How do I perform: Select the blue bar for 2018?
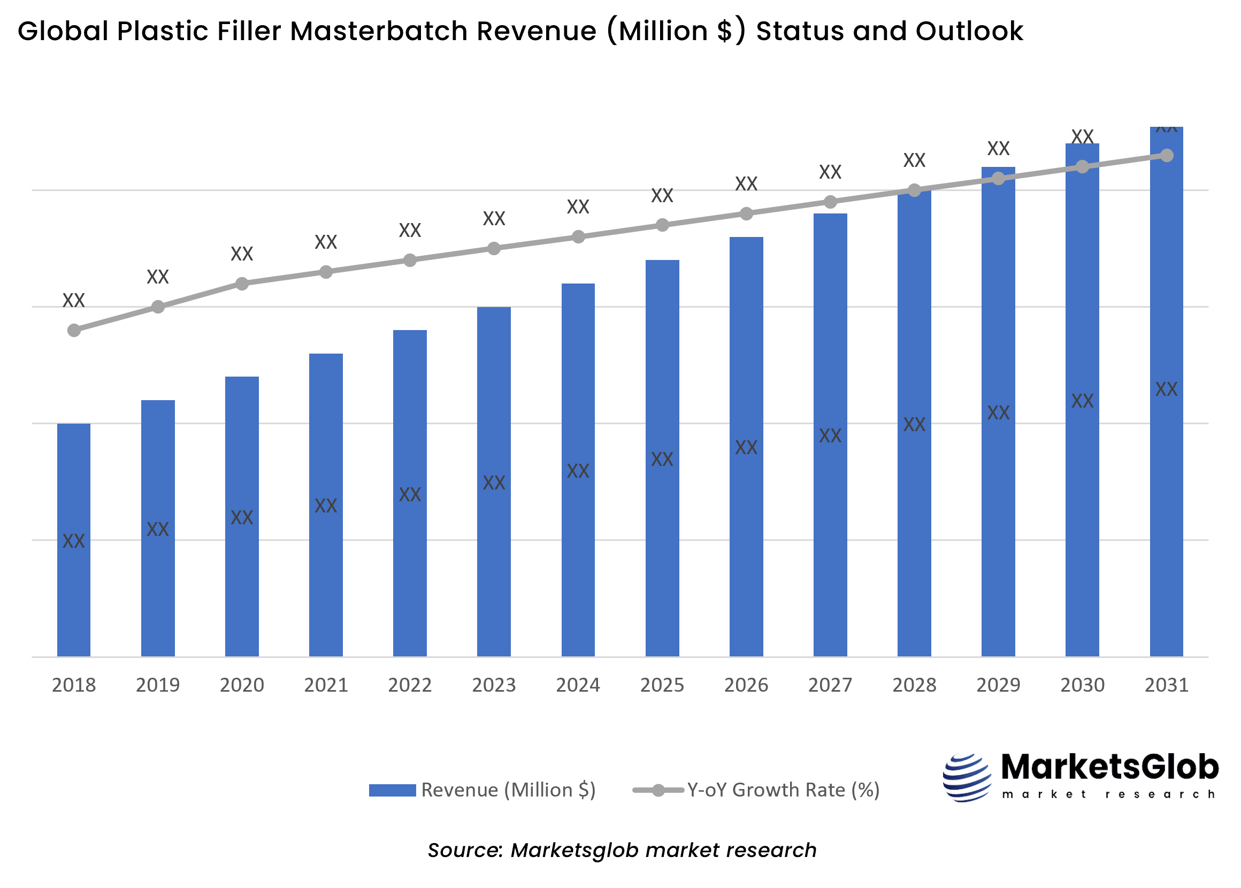click(x=74, y=596)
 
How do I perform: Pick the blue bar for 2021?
click(x=326, y=579)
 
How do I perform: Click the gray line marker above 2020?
click(x=242, y=283)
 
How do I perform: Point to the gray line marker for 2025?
click(x=662, y=225)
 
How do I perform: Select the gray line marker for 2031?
click(x=1166, y=155)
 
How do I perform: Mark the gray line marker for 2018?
click(x=74, y=330)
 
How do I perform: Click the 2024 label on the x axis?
click(x=578, y=685)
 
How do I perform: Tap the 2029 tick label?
click(x=998, y=685)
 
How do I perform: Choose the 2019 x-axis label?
click(x=157, y=685)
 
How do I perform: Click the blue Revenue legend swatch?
click(x=392, y=790)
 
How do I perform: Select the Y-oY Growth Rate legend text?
click(x=783, y=790)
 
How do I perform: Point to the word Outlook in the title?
click(x=969, y=31)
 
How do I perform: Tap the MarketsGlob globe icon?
click(x=967, y=778)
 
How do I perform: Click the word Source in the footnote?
click(x=464, y=850)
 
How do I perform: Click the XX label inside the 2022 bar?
click(x=409, y=494)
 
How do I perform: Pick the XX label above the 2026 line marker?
click(x=746, y=183)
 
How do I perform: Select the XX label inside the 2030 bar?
click(x=1082, y=401)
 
